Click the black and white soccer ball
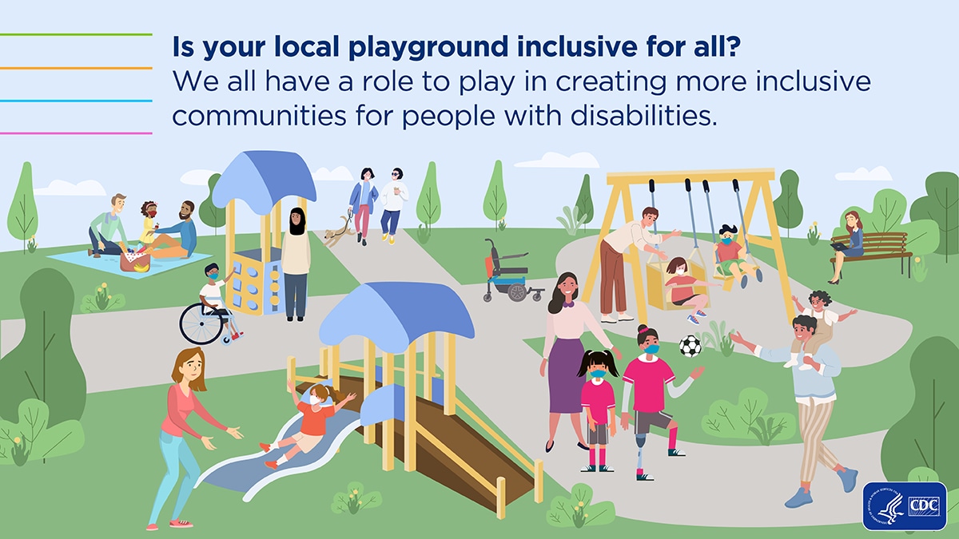[690, 346]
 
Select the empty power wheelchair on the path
[509, 272]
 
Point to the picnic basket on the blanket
[133, 260]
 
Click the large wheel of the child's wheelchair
[197, 323]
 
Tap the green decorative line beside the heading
[76, 35]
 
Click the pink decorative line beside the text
[76, 133]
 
